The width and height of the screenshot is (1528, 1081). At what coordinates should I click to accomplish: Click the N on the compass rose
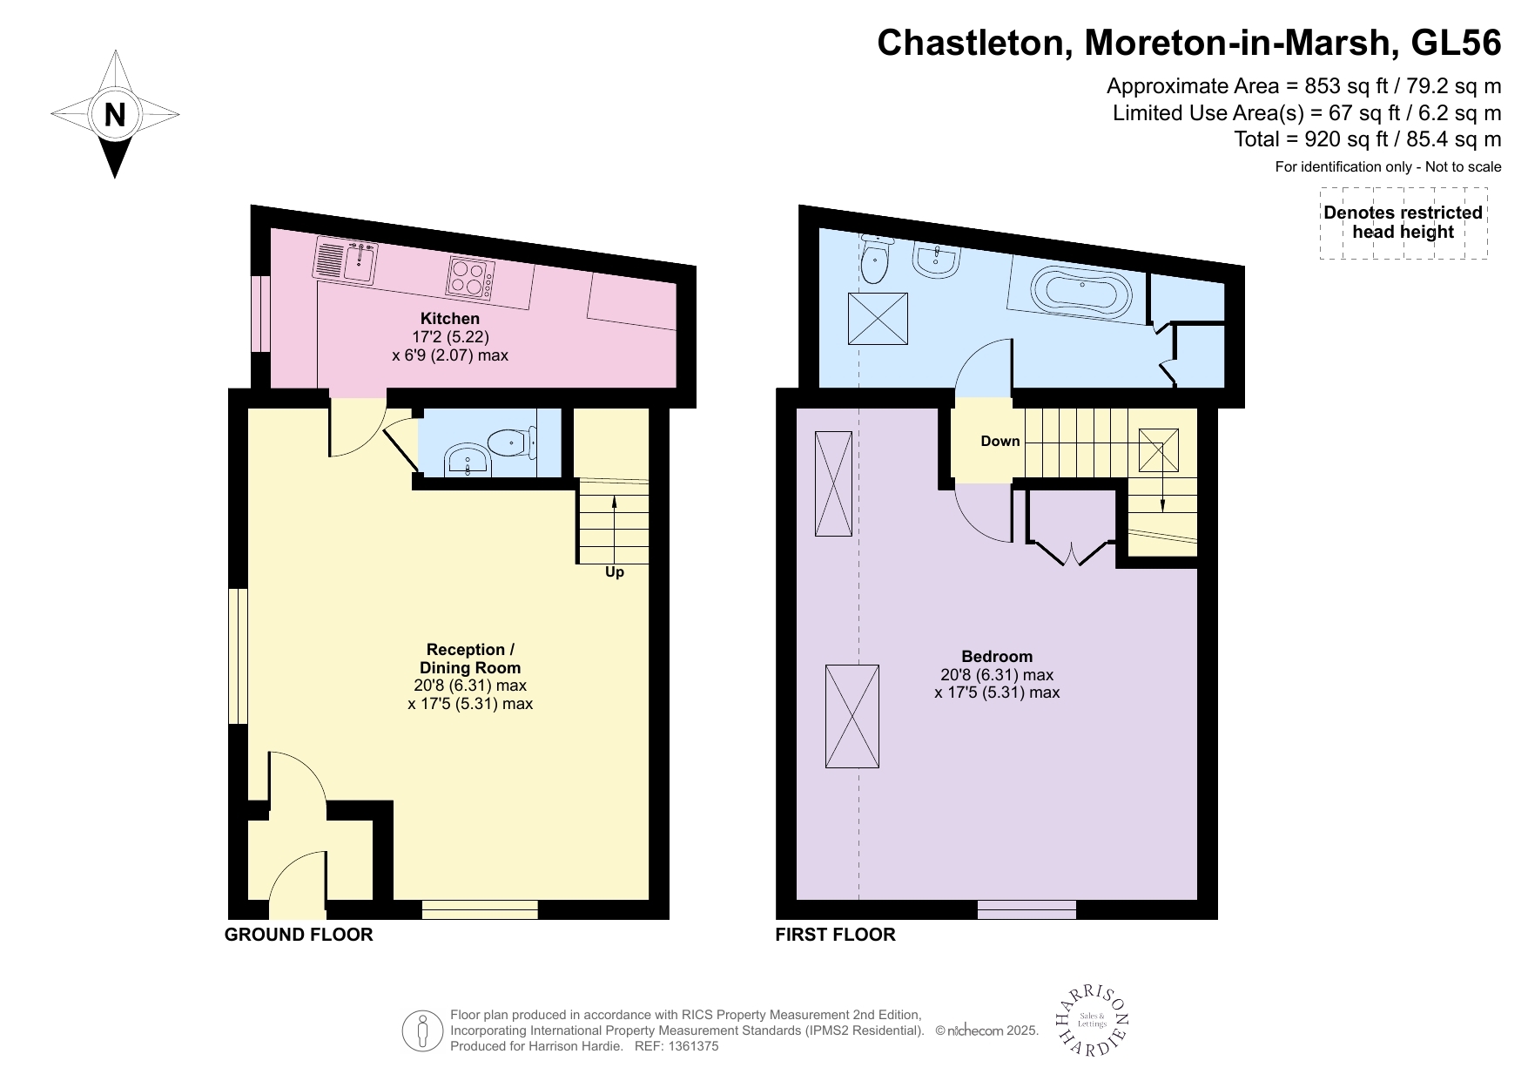[115, 115]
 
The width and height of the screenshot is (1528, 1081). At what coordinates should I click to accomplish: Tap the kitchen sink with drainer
[345, 260]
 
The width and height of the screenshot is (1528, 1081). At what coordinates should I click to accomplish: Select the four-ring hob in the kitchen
[471, 278]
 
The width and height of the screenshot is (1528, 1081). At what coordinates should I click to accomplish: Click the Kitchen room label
[449, 319]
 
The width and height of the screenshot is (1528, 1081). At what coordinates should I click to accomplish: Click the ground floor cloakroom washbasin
[468, 462]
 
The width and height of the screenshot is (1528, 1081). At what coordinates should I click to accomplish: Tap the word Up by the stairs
[615, 572]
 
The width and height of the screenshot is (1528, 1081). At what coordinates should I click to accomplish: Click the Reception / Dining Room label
[470, 659]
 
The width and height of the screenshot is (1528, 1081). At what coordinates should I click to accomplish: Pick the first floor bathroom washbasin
[937, 260]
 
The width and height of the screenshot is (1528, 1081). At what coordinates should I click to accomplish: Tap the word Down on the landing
[1000, 441]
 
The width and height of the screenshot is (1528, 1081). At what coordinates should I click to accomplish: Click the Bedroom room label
[997, 656]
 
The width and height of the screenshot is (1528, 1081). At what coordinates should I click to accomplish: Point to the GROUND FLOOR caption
[299, 935]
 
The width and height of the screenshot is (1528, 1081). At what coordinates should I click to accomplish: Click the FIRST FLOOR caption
[835, 935]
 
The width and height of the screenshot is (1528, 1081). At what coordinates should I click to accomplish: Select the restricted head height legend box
[1403, 223]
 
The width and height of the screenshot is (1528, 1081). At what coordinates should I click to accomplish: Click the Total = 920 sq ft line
[1367, 139]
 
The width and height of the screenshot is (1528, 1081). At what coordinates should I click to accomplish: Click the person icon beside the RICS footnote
[423, 1030]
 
